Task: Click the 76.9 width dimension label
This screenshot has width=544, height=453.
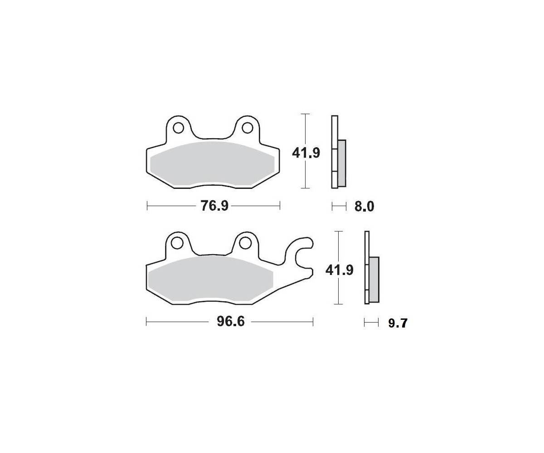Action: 214,206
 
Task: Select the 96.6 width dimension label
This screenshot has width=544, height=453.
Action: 231,322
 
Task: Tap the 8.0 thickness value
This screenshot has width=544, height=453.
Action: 364,207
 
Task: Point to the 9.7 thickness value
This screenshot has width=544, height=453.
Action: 398,323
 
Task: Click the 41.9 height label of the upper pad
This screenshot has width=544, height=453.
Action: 306,153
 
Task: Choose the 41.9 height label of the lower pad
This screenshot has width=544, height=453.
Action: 339,270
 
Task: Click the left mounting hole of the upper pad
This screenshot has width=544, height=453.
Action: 179,128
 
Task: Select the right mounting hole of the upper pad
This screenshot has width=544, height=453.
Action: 247,128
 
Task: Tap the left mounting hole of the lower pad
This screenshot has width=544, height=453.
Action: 177,243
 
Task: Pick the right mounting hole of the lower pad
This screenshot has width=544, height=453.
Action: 245,243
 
